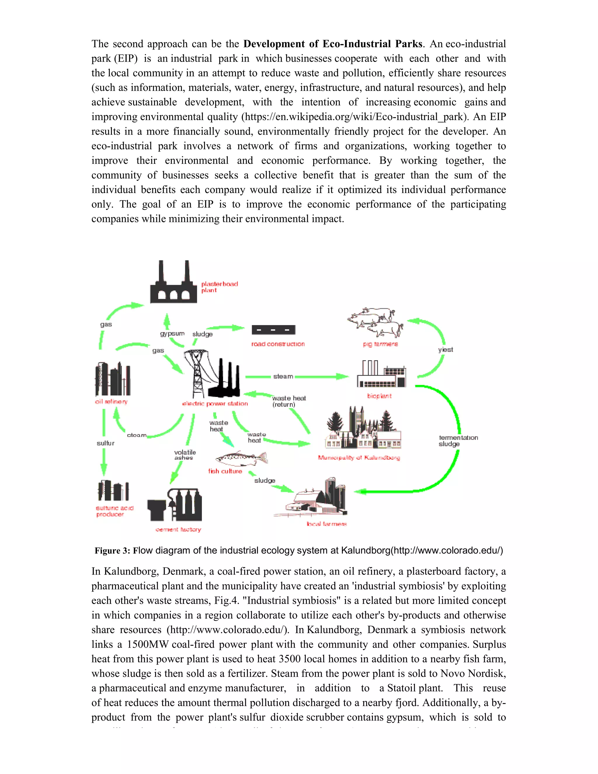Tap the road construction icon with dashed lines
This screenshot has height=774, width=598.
(273, 330)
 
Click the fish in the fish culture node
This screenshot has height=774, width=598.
(241, 459)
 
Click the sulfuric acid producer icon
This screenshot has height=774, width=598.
(113, 491)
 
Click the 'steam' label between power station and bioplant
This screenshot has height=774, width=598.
(283, 376)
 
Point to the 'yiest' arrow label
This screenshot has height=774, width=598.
(445, 350)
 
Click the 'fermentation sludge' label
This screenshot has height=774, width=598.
(458, 441)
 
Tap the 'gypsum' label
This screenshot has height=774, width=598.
(172, 334)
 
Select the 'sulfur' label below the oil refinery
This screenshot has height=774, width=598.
(106, 443)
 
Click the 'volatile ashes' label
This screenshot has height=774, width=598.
(185, 455)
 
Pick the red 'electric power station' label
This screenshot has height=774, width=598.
(215, 404)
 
